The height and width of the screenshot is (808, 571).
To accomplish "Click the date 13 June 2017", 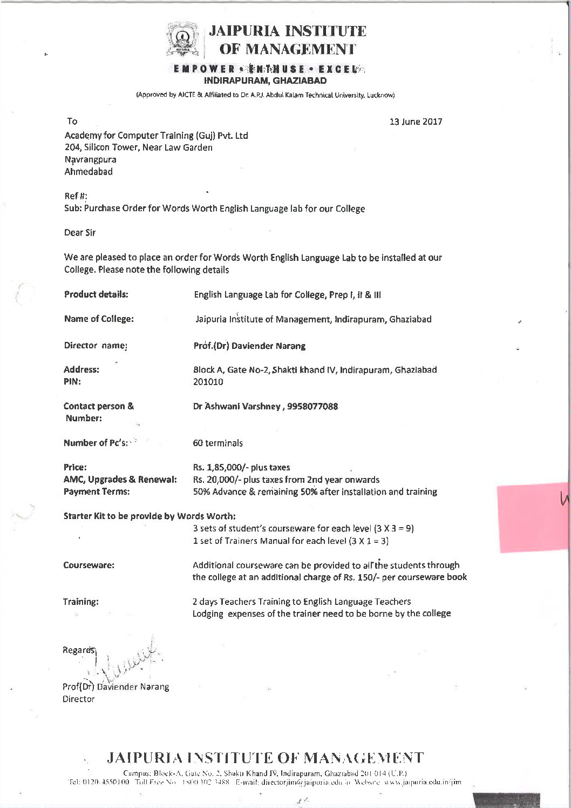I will pyautogui.click(x=416, y=122).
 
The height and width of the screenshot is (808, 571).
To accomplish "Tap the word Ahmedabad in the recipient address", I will pyautogui.click(x=89, y=172).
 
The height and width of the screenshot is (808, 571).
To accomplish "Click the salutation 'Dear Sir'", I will pyautogui.click(x=80, y=233).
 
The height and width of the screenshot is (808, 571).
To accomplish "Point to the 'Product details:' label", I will pyautogui.click(x=96, y=294).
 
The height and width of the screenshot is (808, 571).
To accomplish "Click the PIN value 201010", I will pyautogui.click(x=208, y=382).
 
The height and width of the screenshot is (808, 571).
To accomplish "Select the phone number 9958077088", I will pyautogui.click(x=311, y=406).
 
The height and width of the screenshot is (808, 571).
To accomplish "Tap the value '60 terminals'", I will pyautogui.click(x=217, y=443).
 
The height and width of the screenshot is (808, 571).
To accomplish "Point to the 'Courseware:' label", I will pyautogui.click(x=89, y=565).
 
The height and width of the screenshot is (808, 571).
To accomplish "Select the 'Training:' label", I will pyautogui.click(x=81, y=602).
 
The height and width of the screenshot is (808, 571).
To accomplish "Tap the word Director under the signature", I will pyautogui.click(x=79, y=699).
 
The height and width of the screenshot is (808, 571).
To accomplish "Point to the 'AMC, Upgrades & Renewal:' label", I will pyautogui.click(x=120, y=480).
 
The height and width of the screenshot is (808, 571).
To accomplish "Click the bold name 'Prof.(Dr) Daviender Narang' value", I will pyautogui.click(x=249, y=346).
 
